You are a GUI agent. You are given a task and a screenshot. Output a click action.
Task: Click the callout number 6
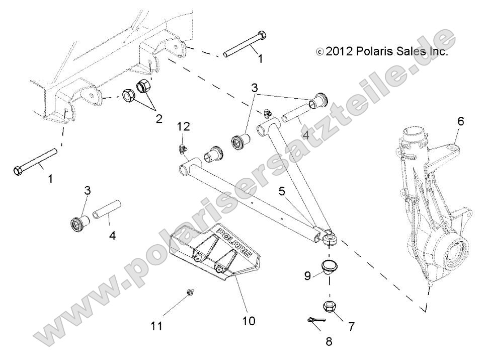460,121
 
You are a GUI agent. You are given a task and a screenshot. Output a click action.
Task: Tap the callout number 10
249,320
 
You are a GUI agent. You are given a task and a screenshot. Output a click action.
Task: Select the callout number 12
183,126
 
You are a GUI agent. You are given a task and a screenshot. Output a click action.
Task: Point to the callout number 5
283,191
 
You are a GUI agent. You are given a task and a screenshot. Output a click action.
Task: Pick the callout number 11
157,326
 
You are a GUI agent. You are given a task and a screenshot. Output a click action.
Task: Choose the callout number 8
329,341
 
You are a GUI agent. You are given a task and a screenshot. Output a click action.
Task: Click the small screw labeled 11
190,292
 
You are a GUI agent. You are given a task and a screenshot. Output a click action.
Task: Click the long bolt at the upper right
246,44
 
